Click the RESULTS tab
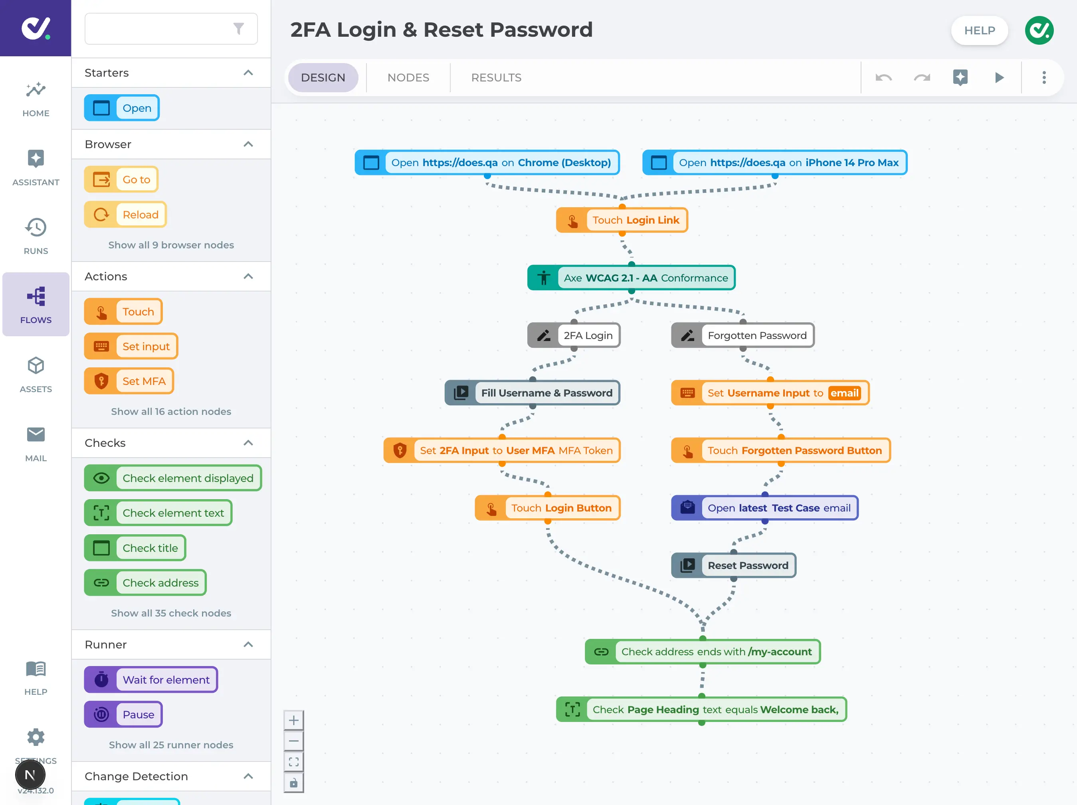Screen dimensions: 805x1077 click(x=496, y=77)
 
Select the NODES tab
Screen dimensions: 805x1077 click(x=408, y=77)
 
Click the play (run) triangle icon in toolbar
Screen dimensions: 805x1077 click(x=999, y=77)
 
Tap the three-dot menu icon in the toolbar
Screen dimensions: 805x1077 click(x=1043, y=77)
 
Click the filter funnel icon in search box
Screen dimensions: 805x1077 click(x=238, y=29)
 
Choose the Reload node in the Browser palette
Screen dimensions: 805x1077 click(x=126, y=215)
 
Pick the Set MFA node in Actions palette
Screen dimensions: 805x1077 click(x=129, y=381)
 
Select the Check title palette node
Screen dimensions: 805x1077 click(x=135, y=548)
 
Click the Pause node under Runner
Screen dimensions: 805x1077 click(x=123, y=714)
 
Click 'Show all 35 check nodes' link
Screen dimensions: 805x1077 click(x=171, y=613)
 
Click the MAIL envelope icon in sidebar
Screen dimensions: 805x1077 click(x=36, y=435)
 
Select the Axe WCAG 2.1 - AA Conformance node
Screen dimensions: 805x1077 click(x=631, y=278)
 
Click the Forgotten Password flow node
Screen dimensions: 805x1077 click(x=742, y=335)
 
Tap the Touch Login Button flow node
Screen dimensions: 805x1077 click(x=547, y=508)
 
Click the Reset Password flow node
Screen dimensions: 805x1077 click(x=733, y=565)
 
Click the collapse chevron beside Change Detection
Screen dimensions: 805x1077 click(x=248, y=776)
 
